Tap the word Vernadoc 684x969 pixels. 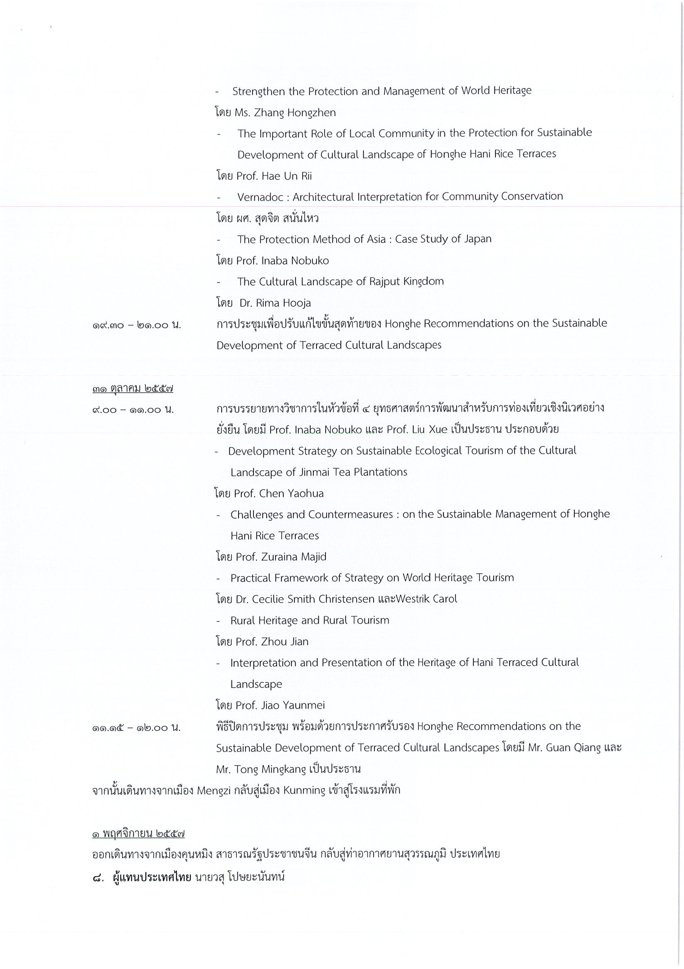(x=262, y=197)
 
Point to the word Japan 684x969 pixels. (x=477, y=239)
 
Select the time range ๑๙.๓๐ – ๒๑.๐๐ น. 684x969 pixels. (x=137, y=325)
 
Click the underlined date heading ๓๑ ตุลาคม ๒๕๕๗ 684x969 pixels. (x=133, y=389)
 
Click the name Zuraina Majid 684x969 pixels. (x=294, y=557)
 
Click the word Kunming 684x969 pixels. (x=304, y=790)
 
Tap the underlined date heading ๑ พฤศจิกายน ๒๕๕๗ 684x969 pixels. (x=138, y=834)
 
